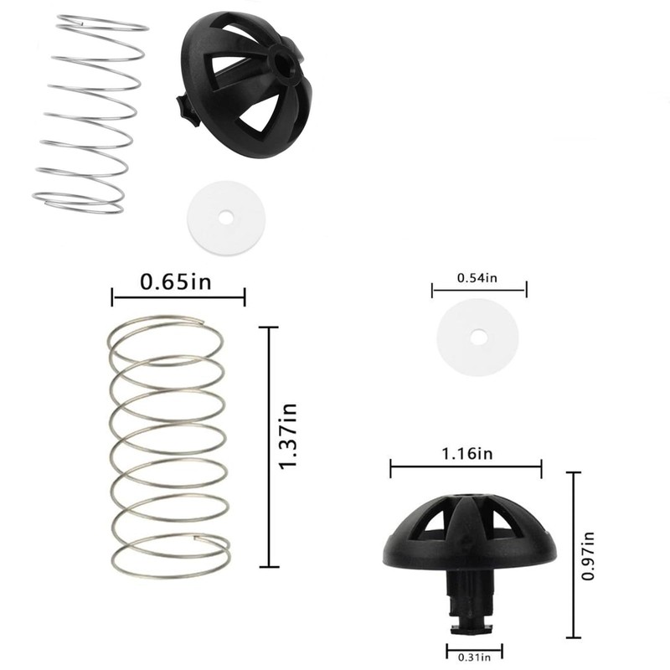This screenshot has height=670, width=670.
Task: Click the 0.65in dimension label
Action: pyautogui.click(x=176, y=281)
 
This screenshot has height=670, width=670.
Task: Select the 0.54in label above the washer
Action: pyautogui.click(x=477, y=277)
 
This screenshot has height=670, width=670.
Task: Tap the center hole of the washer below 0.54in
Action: pyautogui.click(x=477, y=337)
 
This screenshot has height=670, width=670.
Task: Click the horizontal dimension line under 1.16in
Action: pyautogui.click(x=466, y=468)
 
